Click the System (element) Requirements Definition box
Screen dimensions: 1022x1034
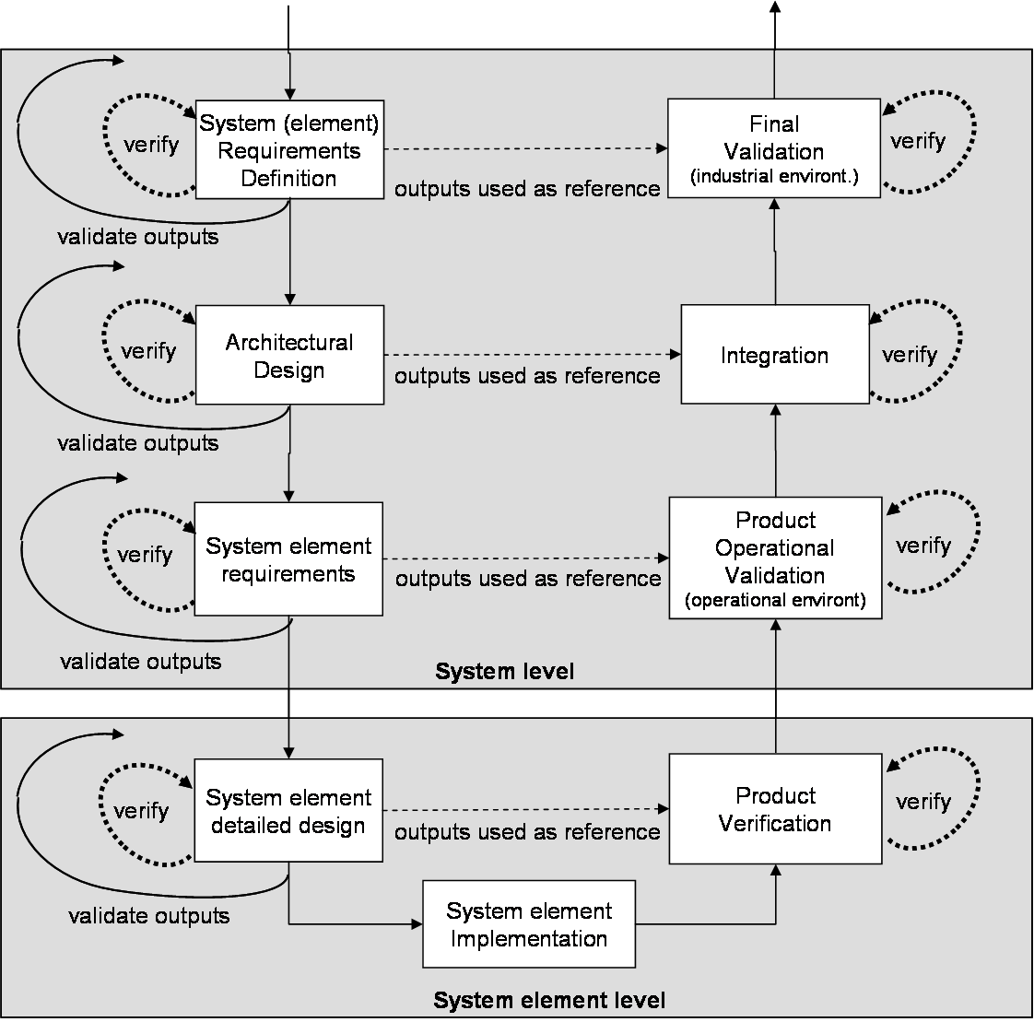(289, 149)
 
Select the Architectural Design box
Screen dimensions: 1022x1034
(289, 356)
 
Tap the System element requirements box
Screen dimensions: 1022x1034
(288, 559)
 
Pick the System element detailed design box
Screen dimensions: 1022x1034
(288, 811)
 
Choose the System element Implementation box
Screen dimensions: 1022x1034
(529, 924)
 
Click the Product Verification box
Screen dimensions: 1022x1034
(775, 809)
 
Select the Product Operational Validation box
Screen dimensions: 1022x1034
(775, 558)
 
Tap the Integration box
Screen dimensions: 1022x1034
(775, 355)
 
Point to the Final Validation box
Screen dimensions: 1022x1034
(774, 148)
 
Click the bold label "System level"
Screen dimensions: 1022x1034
(504, 672)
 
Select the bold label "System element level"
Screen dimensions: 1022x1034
(549, 1001)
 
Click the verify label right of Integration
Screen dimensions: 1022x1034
(910, 355)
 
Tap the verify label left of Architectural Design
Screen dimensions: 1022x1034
(148, 351)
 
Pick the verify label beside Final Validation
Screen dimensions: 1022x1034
(918, 141)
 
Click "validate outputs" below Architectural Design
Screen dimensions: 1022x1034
(138, 443)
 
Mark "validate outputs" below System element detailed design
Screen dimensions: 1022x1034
(149, 916)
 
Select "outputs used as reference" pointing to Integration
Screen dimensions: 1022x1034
(527, 376)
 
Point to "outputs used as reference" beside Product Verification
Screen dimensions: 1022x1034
(527, 832)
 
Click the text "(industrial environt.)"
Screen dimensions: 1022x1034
(774, 177)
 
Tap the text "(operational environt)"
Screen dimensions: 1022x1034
(775, 601)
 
